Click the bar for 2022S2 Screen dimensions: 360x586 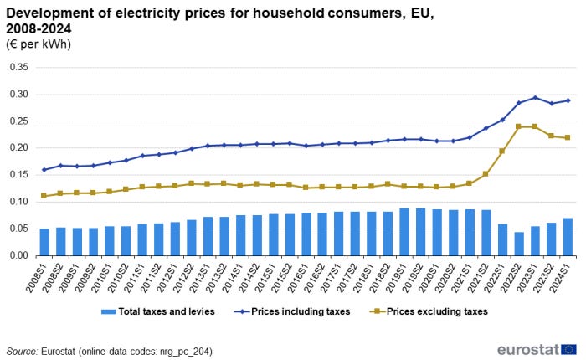pos(519,244)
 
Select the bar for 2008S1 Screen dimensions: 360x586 pos(44,242)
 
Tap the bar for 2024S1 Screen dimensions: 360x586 pos(568,237)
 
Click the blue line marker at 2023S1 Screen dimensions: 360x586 pos(535,98)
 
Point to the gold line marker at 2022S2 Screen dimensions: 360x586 pos(519,126)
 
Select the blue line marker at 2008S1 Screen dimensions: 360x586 pos(44,170)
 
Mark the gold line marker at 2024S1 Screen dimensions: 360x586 pos(568,137)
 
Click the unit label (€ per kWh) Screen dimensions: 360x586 pos(39,44)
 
